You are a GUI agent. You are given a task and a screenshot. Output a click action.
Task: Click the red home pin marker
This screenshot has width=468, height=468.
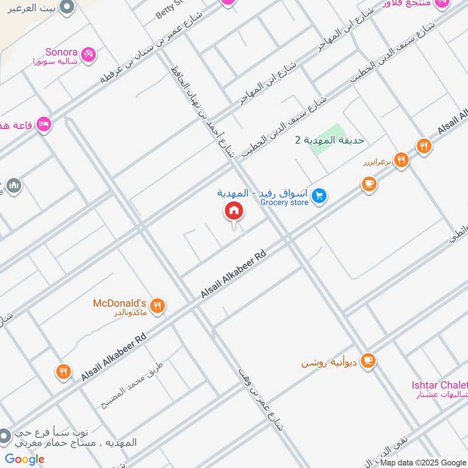click(x=234, y=211)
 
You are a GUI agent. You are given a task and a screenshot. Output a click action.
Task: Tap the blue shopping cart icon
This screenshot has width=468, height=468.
click(x=319, y=196)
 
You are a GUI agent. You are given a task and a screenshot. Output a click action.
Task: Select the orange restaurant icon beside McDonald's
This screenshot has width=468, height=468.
click(x=157, y=305)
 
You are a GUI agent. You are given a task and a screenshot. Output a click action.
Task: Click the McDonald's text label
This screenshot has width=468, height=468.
click(x=119, y=303)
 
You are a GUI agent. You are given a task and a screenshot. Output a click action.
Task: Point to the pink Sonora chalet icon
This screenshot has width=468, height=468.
click(x=89, y=54)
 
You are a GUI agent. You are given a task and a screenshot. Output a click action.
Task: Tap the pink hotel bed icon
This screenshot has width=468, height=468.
click(x=43, y=125)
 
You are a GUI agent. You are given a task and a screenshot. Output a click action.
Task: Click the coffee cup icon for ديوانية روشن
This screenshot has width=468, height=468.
click(x=367, y=361)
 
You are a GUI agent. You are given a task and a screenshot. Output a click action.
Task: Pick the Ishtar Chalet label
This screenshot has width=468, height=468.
click(x=439, y=385)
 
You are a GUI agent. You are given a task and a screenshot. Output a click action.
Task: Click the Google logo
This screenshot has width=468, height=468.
click(x=25, y=459)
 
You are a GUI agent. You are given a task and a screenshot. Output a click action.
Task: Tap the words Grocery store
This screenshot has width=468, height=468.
click(x=284, y=202)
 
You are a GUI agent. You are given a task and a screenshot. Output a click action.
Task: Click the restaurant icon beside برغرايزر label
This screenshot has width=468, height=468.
click(x=401, y=160)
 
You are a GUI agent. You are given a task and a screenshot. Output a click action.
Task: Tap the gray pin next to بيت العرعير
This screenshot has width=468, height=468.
click(x=67, y=8)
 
